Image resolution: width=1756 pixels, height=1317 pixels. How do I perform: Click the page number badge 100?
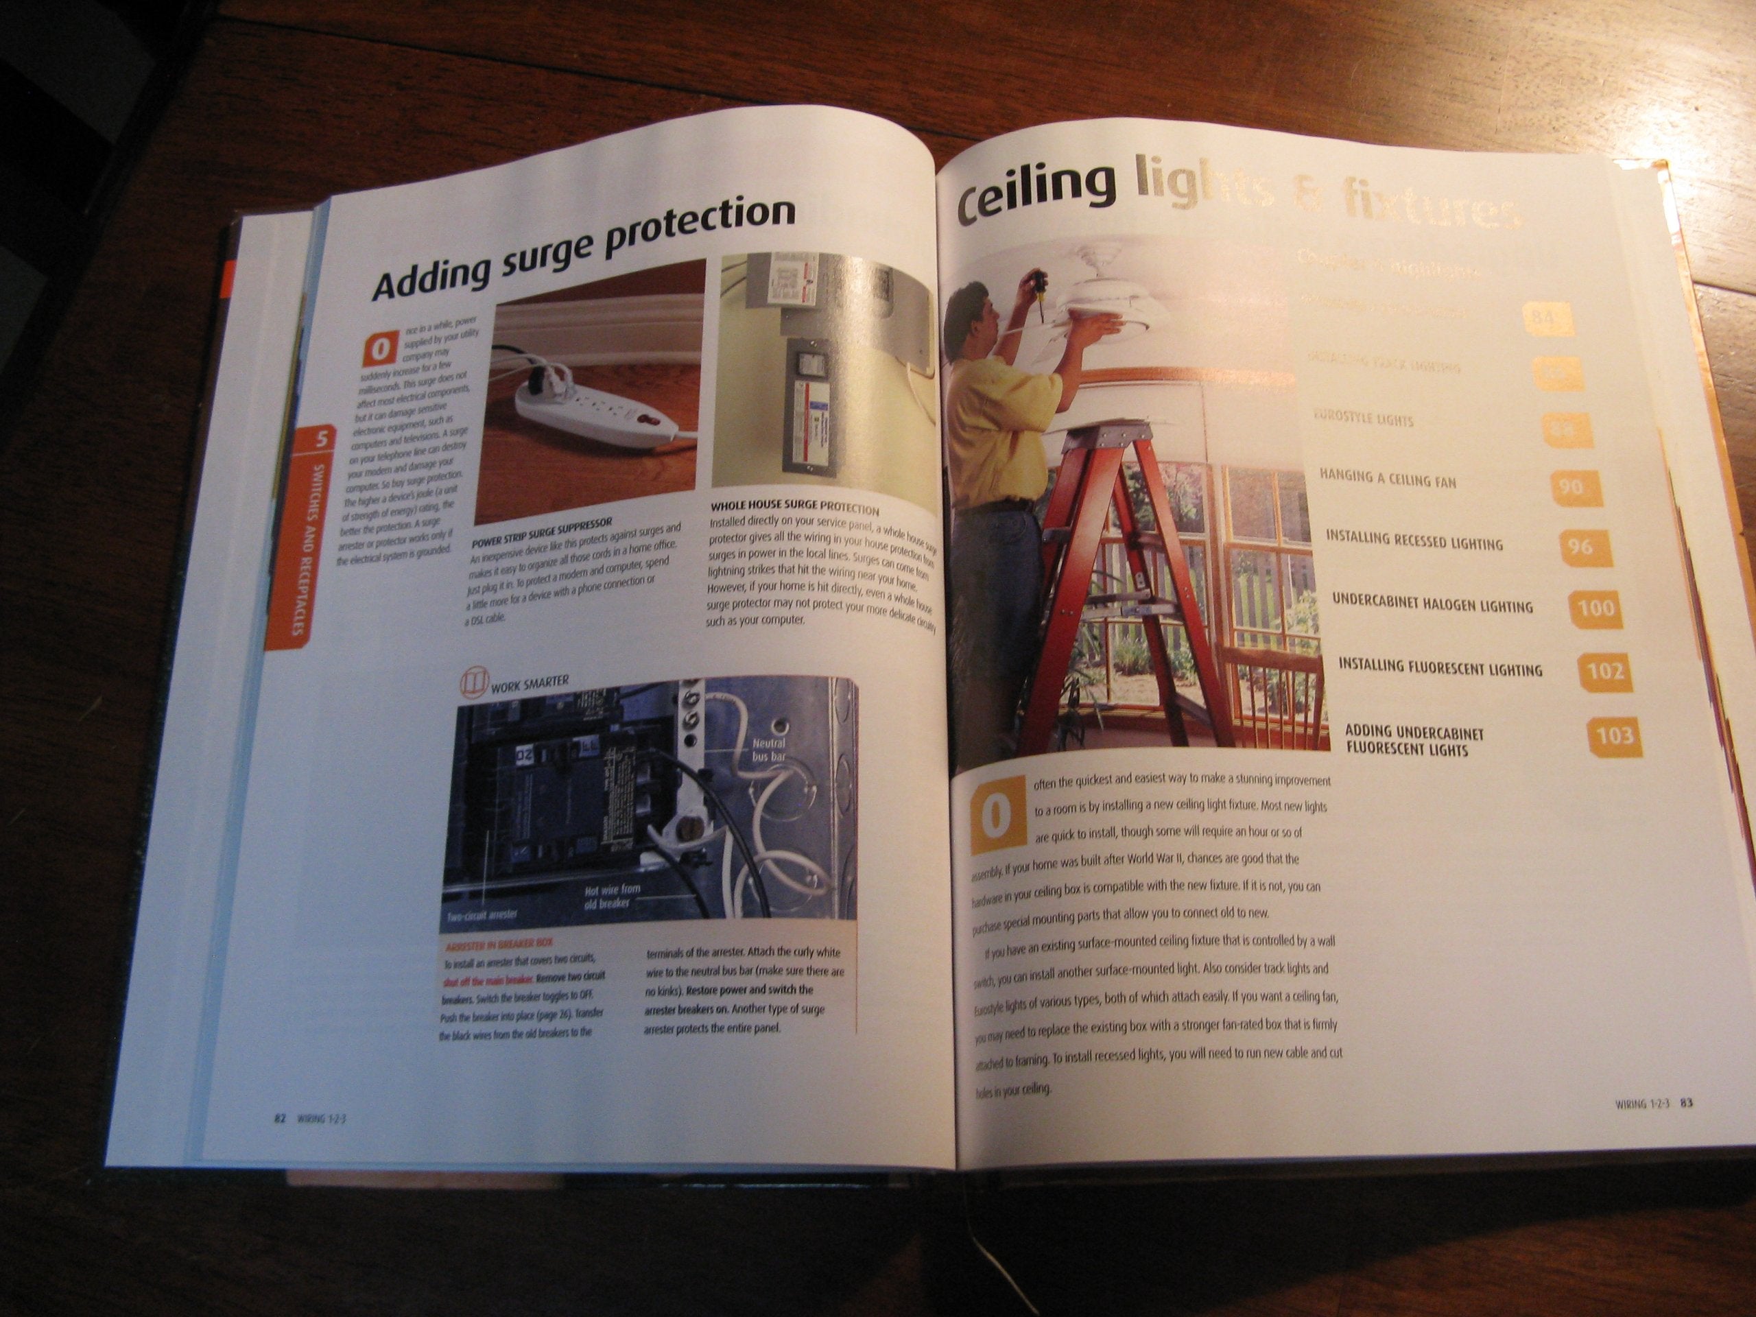point(1595,609)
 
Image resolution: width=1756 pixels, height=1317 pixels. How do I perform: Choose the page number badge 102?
point(1605,672)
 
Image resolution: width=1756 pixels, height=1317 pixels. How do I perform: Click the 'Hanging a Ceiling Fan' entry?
point(1387,478)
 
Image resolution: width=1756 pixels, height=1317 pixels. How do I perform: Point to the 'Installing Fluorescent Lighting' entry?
point(1439,667)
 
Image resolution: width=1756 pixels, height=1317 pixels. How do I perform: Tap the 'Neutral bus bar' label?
point(768,750)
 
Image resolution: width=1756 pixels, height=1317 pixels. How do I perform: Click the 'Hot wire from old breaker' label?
point(611,897)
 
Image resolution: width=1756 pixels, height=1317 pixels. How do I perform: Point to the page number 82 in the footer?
point(279,1118)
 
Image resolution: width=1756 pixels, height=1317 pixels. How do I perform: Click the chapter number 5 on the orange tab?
point(322,437)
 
